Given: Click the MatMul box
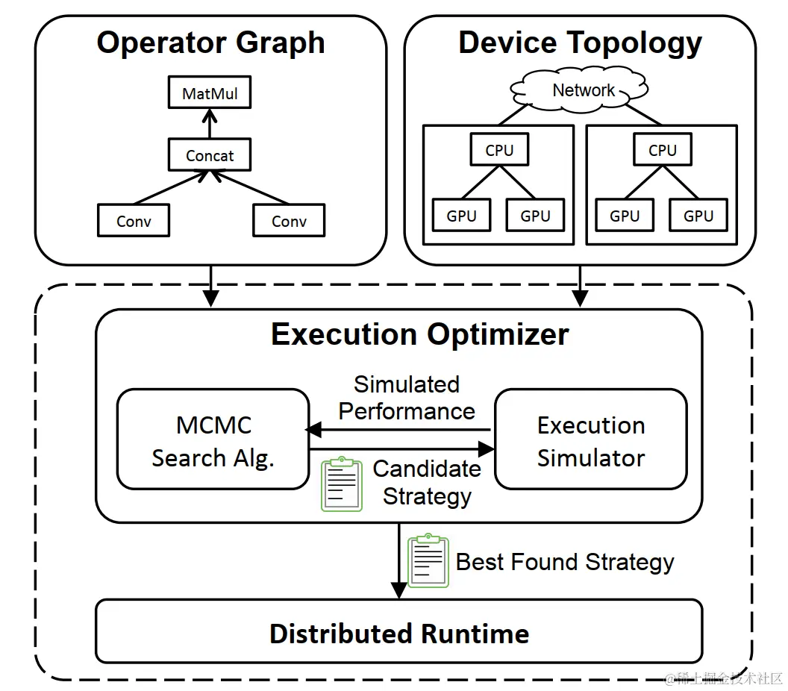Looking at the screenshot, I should [x=210, y=95].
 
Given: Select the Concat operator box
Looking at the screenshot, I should [x=210, y=156].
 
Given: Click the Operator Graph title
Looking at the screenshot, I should [x=210, y=43].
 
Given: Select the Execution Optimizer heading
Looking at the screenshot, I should [x=419, y=334].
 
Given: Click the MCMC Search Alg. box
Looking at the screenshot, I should [x=213, y=440].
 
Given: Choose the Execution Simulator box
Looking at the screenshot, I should [x=591, y=440].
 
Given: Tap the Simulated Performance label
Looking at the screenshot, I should [x=407, y=398].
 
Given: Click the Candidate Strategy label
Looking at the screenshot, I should [x=427, y=482].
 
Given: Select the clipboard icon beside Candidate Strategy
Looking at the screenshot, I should [x=341, y=484].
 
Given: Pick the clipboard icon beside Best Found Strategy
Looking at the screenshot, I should [x=428, y=560].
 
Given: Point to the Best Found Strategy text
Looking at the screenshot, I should [x=565, y=561].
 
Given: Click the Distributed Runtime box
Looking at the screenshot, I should [x=399, y=633].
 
